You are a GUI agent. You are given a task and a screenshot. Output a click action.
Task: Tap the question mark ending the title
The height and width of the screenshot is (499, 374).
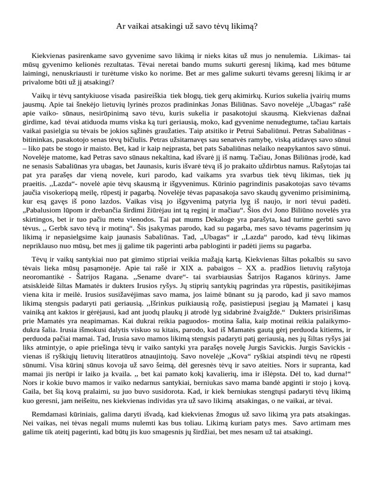[256, 26]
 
